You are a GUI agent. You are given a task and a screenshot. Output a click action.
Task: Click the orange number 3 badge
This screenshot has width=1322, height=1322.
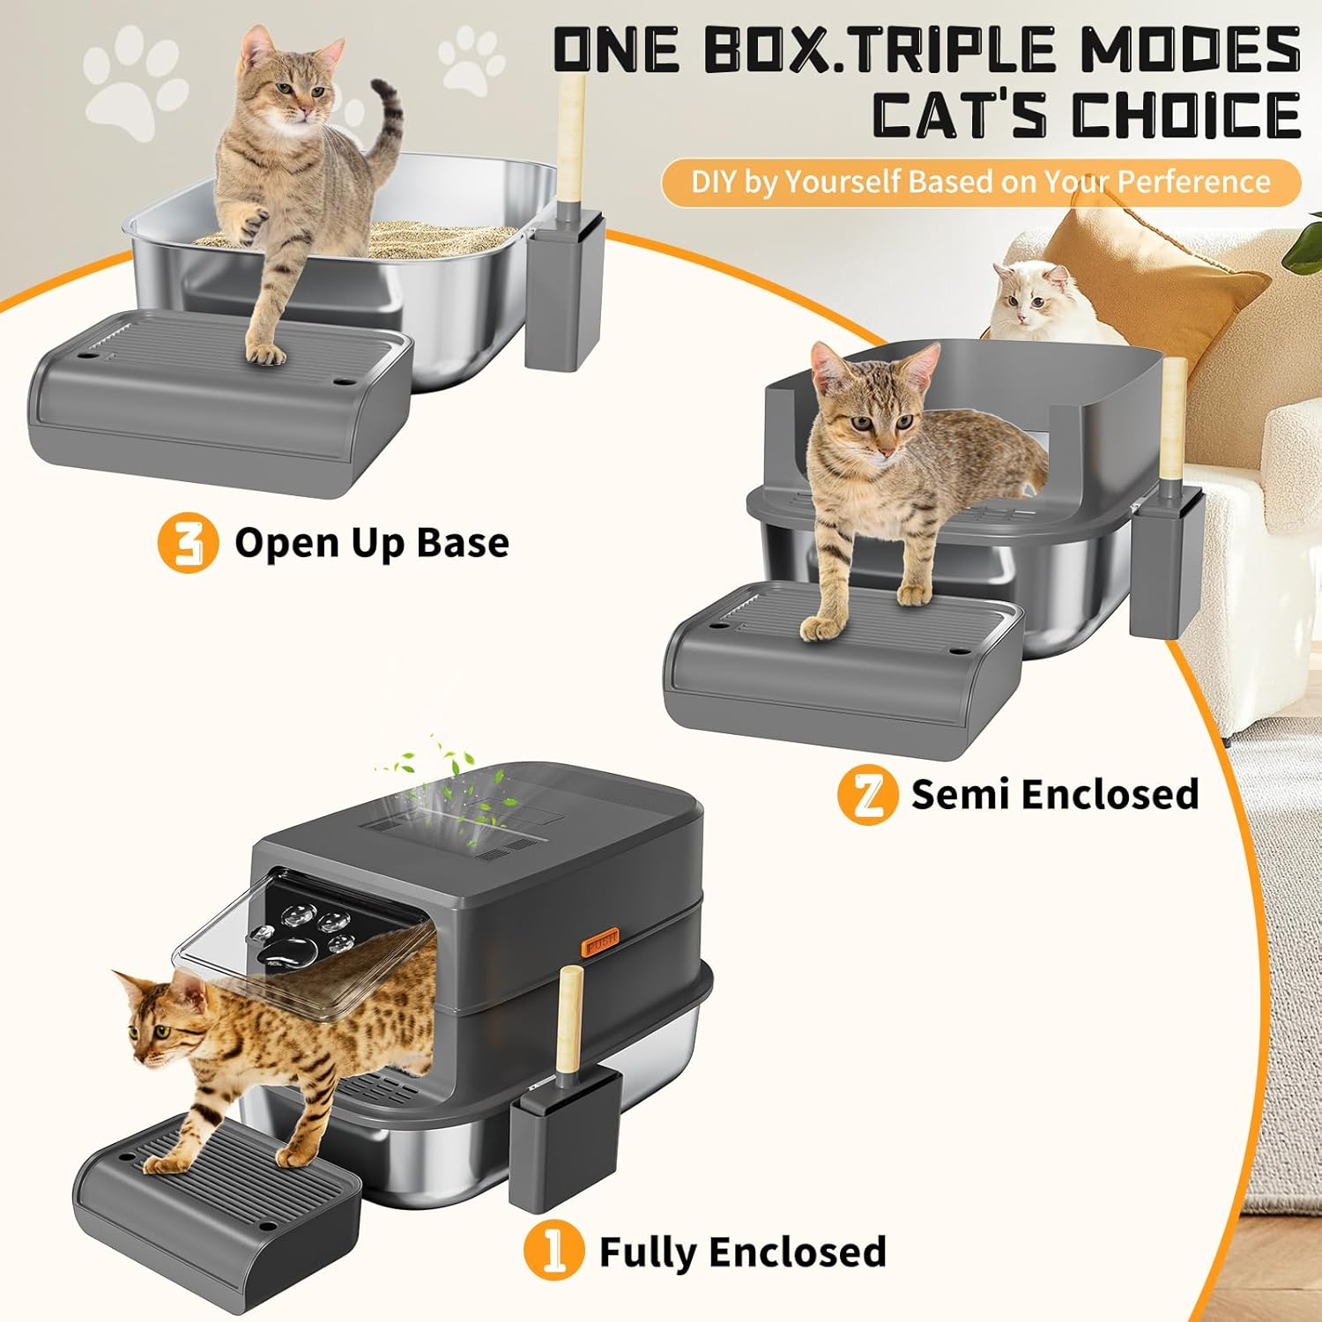(x=188, y=543)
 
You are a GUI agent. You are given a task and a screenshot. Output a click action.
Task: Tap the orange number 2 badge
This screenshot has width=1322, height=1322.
(x=867, y=794)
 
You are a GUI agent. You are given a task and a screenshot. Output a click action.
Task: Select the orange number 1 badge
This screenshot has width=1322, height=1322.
(x=553, y=1251)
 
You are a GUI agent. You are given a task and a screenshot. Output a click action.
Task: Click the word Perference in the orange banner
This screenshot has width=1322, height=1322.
(x=1193, y=182)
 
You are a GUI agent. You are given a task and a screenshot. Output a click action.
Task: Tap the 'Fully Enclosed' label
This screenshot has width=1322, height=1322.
(x=742, y=1251)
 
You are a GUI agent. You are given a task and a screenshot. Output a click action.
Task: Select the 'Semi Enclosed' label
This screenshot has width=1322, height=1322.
(x=1054, y=794)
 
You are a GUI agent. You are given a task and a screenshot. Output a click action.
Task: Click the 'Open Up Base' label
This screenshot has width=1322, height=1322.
(x=371, y=543)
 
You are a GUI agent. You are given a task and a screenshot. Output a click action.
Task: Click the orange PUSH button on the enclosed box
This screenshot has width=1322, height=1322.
(x=600, y=942)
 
